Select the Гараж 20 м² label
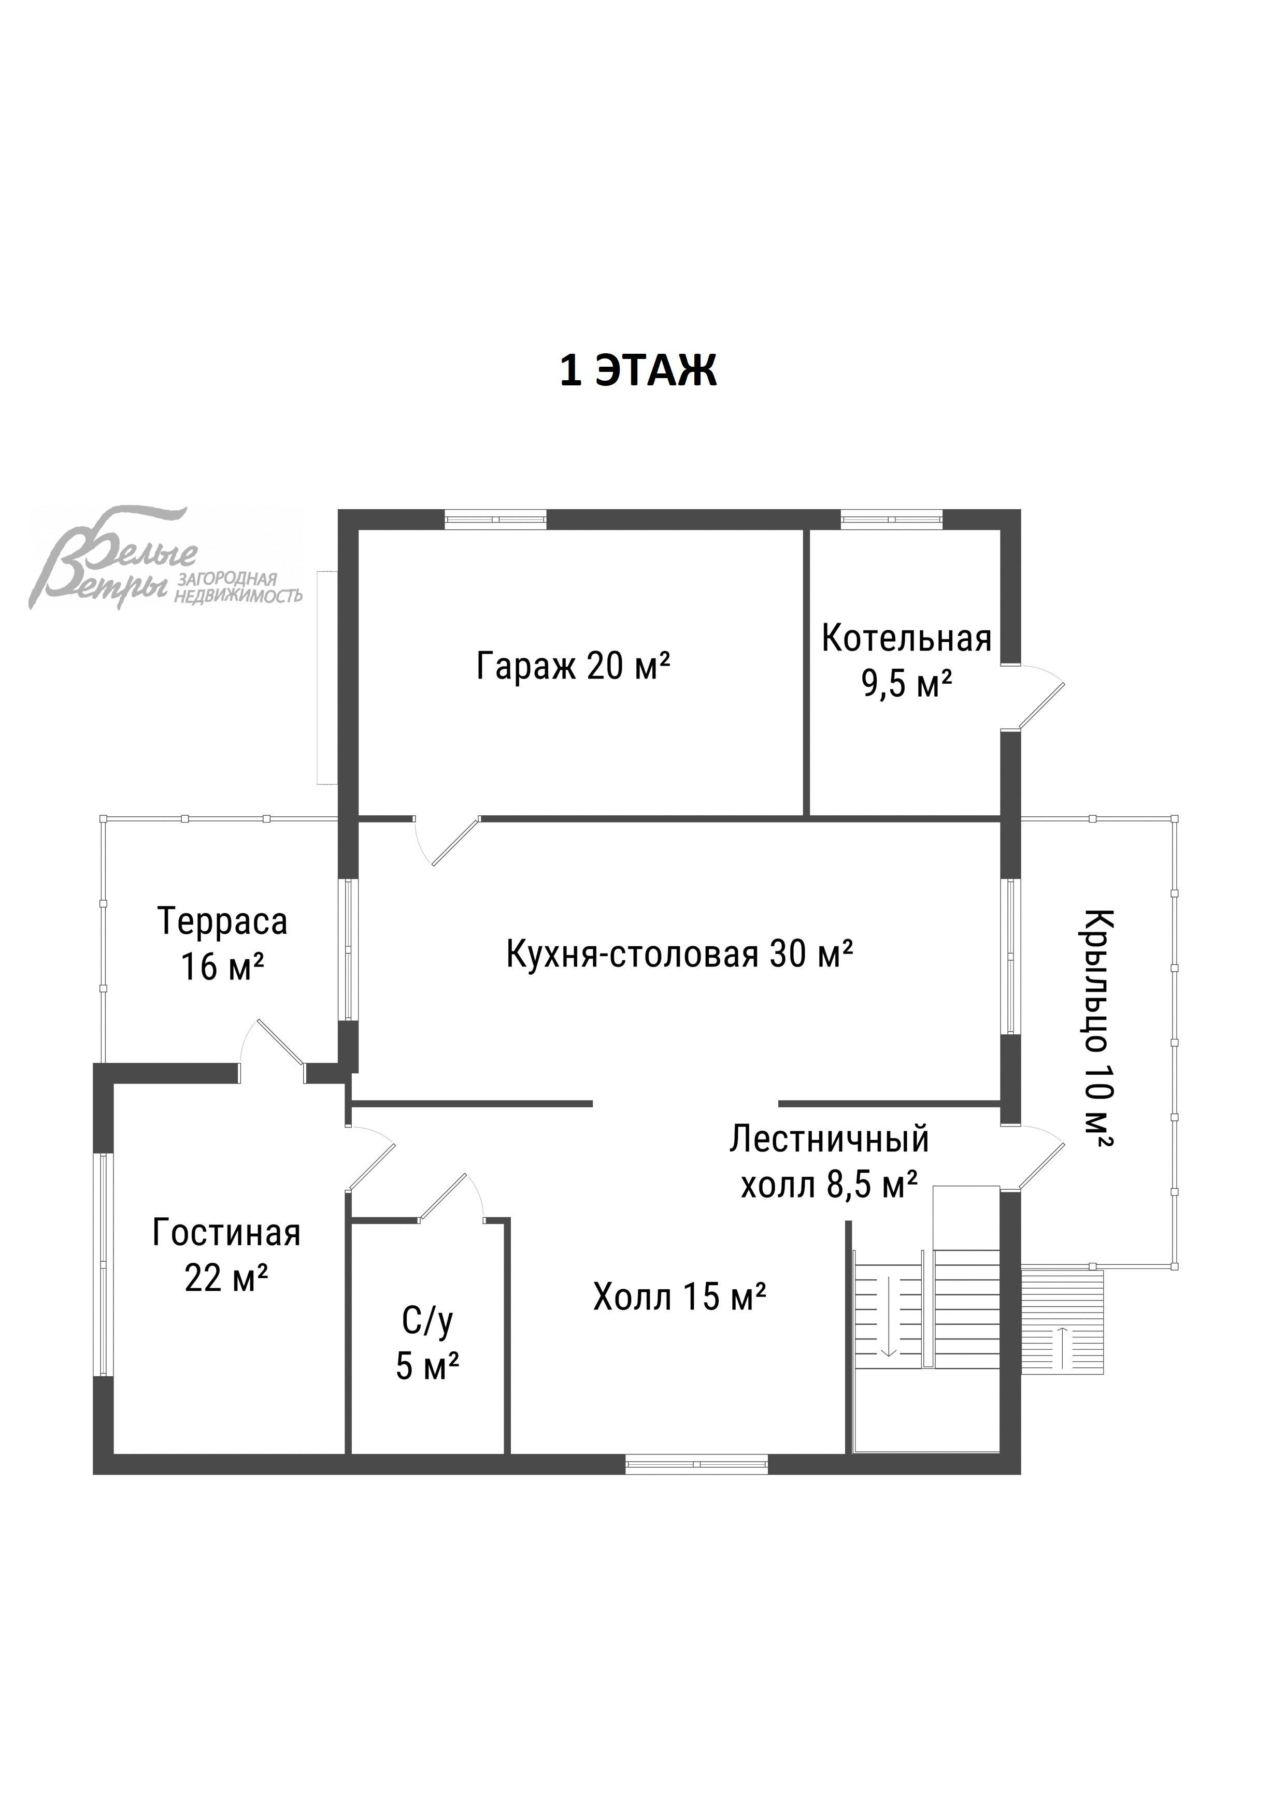pos(573,666)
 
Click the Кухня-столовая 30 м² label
pos(679,955)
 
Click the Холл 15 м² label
pos(679,1297)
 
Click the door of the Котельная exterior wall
pos(1037,697)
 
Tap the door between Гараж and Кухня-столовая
pos(451,842)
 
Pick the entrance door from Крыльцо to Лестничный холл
pos(1039,1159)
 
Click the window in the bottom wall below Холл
pos(697,1465)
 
